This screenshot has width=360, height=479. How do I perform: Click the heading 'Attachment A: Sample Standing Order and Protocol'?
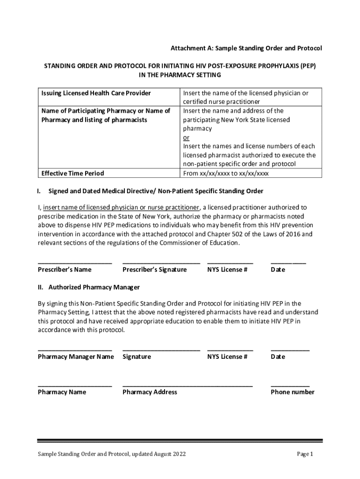[246, 49]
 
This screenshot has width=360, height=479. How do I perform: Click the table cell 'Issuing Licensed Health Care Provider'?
[96, 93]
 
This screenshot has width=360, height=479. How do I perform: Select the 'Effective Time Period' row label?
[72, 173]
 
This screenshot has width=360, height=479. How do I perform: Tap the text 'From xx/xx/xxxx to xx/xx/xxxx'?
[226, 173]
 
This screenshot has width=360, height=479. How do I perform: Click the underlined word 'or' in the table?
[186, 138]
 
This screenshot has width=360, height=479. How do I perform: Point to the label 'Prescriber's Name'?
[65, 269]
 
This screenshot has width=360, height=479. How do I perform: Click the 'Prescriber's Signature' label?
[154, 269]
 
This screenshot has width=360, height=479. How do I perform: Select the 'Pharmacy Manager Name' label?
[76, 357]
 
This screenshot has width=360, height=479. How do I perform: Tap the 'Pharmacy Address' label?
[150, 392]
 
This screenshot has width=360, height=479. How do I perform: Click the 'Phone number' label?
[293, 392]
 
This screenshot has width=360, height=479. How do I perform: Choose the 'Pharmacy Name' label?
[62, 392]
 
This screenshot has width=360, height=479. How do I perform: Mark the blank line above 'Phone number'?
[290, 386]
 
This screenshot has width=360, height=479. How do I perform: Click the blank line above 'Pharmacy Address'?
[187, 386]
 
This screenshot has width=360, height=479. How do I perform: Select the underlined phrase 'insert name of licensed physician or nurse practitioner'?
[121, 207]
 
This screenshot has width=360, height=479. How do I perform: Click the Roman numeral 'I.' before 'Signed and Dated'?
[40, 191]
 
